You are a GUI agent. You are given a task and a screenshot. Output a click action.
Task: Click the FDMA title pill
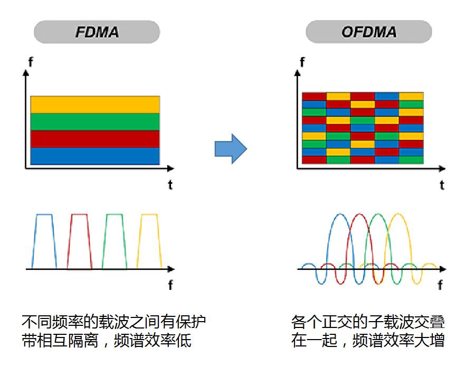97,32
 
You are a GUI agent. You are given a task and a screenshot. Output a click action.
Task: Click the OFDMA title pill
368,32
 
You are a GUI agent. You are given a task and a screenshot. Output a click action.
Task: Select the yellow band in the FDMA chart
95,105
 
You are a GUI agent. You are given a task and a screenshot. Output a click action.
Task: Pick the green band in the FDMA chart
95,122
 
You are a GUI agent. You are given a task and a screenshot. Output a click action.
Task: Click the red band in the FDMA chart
95,139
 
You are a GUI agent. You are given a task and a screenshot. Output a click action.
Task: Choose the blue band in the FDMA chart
95,156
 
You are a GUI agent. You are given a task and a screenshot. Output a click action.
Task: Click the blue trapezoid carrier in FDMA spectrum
44,240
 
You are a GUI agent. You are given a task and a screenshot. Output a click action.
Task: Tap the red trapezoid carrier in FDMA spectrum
79,240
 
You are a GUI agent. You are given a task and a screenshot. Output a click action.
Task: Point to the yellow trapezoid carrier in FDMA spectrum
149,240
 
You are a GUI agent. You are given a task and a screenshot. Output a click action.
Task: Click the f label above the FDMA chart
30,62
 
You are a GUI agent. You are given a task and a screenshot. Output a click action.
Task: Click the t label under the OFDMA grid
442,185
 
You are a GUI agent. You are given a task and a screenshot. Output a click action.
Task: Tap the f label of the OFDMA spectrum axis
440,286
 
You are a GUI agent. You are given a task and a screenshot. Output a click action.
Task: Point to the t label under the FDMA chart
170,185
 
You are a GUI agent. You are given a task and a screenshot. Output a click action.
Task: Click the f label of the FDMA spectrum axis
170,286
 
